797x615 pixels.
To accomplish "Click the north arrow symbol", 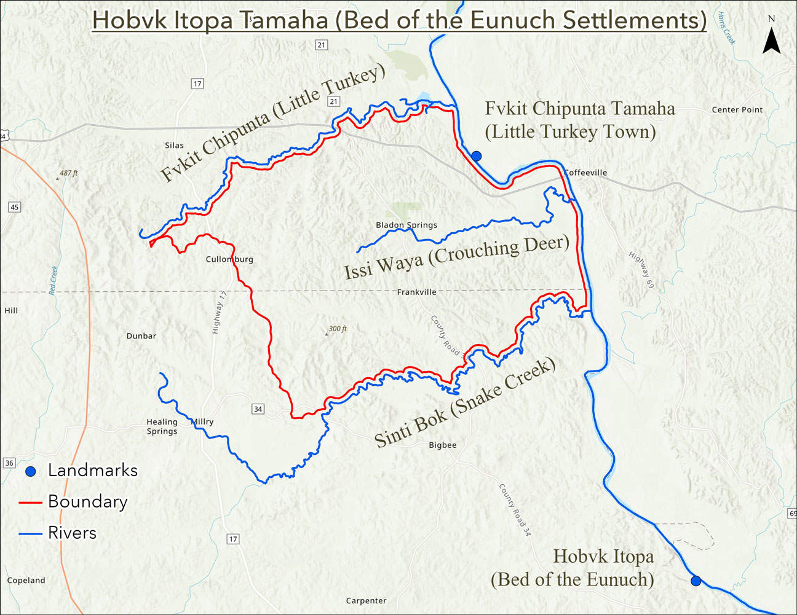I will (772, 41).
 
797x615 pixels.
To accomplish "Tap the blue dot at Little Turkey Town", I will (476, 156).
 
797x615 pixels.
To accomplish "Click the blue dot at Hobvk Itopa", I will (696, 581).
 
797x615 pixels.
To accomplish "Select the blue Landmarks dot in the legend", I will (30, 471).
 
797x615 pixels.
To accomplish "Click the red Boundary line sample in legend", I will (30, 502).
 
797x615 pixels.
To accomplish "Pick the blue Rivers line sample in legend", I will (30, 533).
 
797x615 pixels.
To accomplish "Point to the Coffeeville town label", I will (585, 173).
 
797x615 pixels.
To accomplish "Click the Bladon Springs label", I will (406, 225).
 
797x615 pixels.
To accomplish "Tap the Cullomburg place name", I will (229, 259).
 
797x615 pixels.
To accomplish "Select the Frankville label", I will (416, 292).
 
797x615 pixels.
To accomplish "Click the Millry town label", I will (202, 421).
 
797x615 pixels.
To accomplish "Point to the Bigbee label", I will (443, 445).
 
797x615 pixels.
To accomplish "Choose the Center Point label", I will (737, 109).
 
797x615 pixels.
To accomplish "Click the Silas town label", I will (174, 146).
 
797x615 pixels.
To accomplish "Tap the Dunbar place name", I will (141, 335).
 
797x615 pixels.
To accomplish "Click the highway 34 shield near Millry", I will (258, 409).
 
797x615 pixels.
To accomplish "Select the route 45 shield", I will (14, 207).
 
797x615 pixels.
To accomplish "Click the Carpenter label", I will (366, 600).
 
